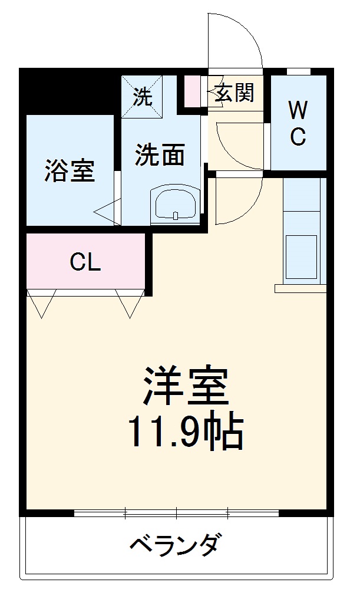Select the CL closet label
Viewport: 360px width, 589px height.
pos(85,262)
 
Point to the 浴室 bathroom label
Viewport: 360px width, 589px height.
pos(70,170)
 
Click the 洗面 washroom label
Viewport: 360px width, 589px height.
pos(160,155)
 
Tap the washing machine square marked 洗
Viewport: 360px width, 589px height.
pos(141,96)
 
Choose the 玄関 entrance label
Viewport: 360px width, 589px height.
pos(234,93)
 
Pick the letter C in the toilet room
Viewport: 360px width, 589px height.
pos(298,137)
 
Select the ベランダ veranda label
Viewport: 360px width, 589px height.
pos(176,543)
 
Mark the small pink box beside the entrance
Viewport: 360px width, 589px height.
pos(192,91)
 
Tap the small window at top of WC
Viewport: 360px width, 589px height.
pos(298,72)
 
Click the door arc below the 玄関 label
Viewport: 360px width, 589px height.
pos(233,144)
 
